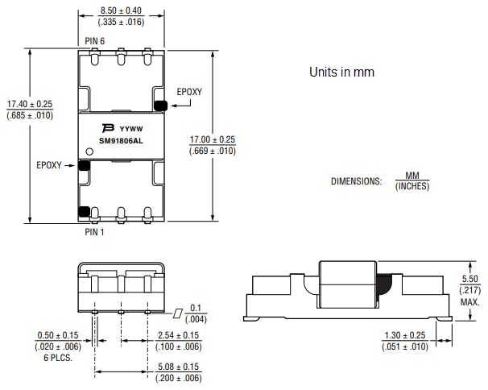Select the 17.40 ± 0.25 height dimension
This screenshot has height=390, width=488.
[x=30, y=105]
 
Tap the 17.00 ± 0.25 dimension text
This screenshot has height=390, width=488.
[x=213, y=139]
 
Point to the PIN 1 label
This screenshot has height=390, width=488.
[x=94, y=232]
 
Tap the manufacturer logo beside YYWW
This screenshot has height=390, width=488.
[x=107, y=128]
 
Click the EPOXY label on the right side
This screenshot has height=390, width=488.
[x=189, y=92]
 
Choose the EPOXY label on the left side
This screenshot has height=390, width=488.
[x=49, y=165]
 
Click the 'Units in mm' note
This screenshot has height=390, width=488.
[x=342, y=73]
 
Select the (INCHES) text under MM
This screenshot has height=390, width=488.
[x=411, y=186]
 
